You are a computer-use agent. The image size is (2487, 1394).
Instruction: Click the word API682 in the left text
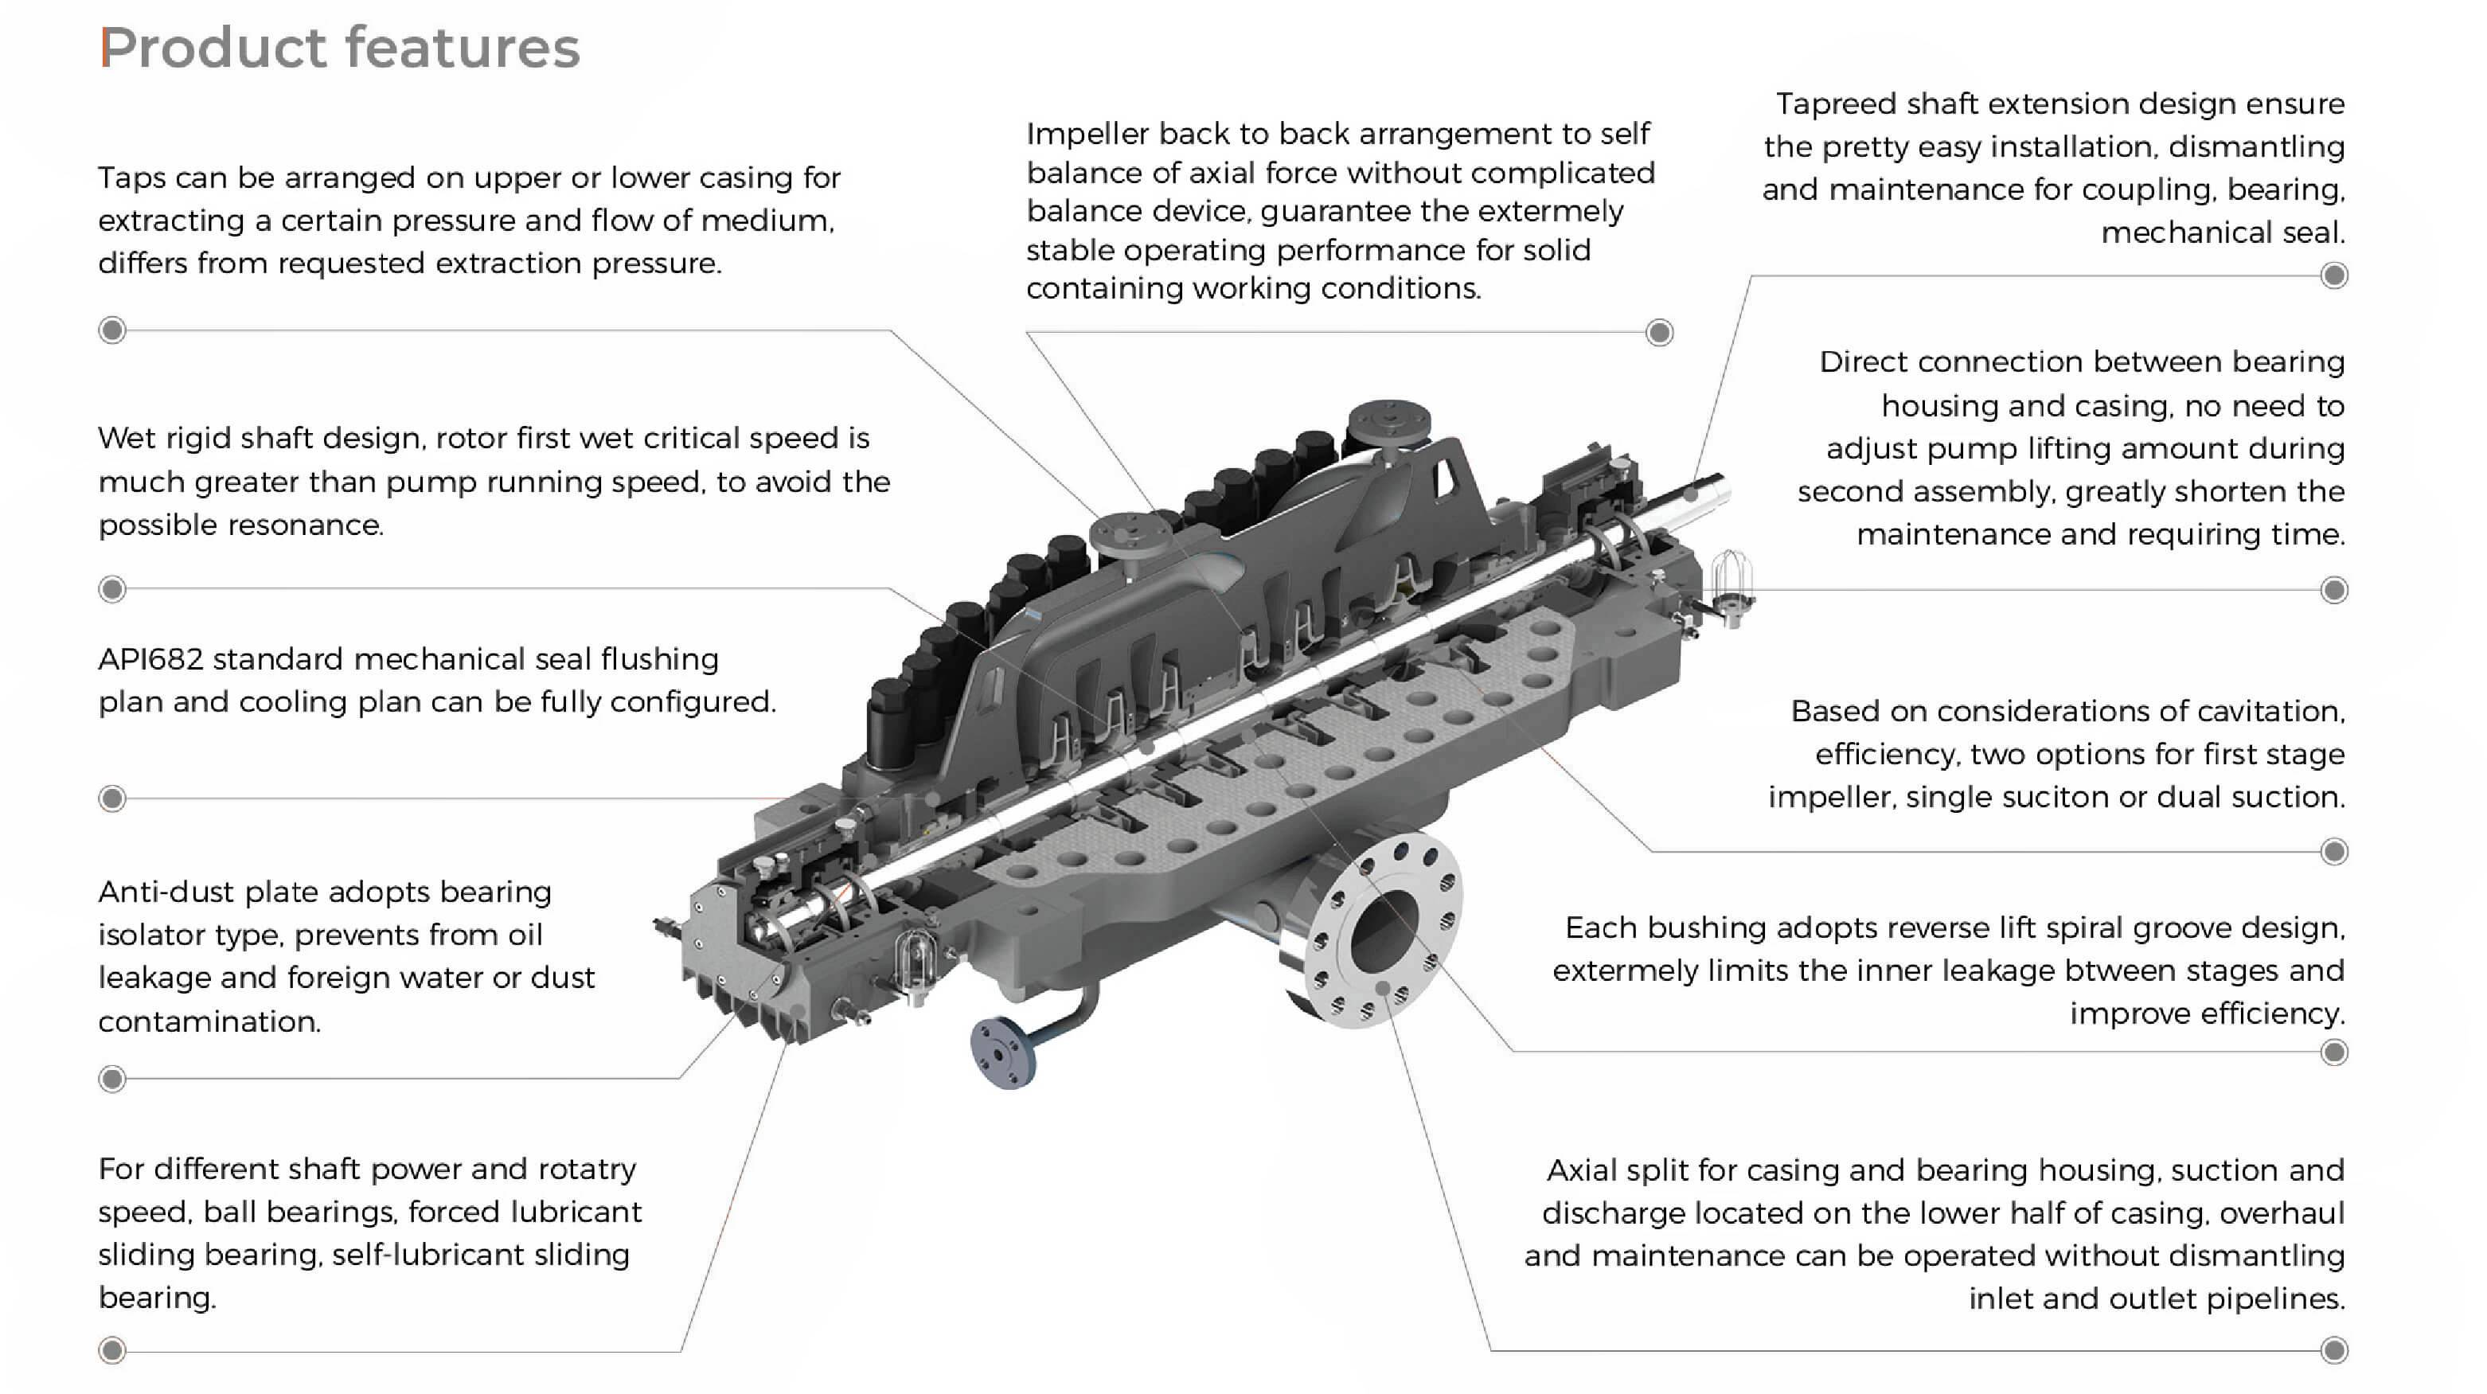coord(150,659)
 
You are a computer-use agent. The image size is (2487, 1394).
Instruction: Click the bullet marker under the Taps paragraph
coord(112,330)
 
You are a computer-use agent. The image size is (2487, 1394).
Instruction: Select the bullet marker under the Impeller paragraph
coord(1658,333)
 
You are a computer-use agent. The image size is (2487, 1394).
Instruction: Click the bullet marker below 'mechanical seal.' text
coord(2333,276)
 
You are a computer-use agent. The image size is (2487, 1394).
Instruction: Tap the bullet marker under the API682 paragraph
coord(112,799)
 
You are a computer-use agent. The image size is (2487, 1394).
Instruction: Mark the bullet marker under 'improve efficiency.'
coord(2333,1052)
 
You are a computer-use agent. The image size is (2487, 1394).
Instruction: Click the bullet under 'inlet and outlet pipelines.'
coord(2333,1349)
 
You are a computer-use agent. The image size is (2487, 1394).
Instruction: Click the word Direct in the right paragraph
coord(1862,362)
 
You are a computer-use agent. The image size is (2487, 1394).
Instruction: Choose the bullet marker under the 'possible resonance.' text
coord(112,589)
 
